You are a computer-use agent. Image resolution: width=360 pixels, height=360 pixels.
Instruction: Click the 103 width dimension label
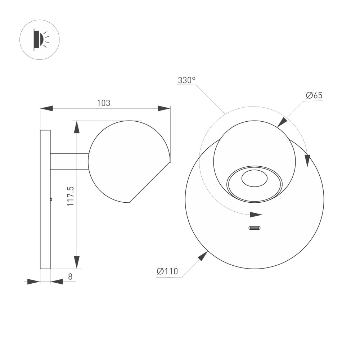point(103,103)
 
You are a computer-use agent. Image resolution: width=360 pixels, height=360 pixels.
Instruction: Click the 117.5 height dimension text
point(71,196)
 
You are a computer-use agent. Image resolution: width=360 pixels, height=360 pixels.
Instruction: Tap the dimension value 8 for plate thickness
point(70,276)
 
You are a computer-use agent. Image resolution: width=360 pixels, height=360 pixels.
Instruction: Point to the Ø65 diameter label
point(314,95)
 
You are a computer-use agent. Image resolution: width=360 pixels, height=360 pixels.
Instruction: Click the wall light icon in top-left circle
point(39,40)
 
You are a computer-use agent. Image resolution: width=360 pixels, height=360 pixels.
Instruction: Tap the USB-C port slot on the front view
point(255,228)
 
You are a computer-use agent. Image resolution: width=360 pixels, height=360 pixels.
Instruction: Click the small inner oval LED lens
point(255,179)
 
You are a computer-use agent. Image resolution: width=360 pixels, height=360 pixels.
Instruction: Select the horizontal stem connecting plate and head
point(69,162)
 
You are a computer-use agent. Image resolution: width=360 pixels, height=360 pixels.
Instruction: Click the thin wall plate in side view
point(45,199)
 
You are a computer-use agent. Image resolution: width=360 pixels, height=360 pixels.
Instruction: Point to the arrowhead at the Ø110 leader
point(203,256)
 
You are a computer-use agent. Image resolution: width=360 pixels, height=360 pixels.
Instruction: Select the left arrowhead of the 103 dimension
point(46,108)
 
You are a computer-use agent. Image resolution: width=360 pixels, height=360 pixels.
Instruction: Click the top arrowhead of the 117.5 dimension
point(77,127)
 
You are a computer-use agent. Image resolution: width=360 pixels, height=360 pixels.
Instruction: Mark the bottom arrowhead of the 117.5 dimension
point(77,262)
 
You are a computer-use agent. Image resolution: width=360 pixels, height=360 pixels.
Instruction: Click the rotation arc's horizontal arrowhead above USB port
point(256,215)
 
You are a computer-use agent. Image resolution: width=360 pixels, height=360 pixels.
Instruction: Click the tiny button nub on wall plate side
point(51,199)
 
